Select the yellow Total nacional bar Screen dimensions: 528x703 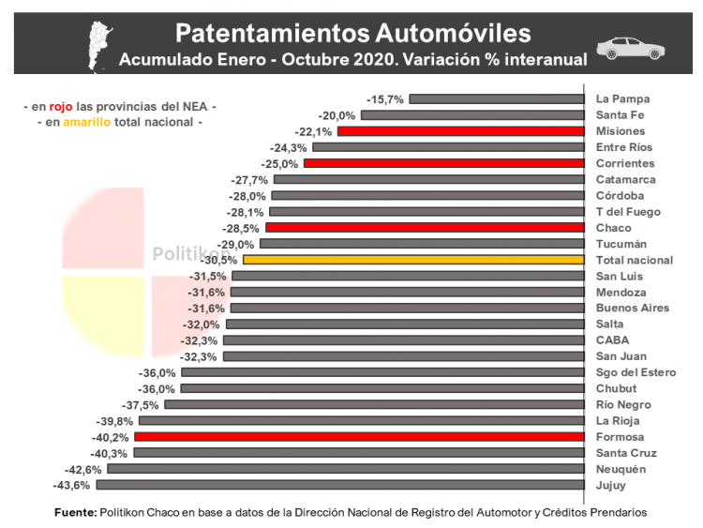[413, 260]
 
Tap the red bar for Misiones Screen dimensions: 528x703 [460, 131]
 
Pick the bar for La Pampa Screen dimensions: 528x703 [496, 98]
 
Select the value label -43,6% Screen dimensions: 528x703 [71, 485]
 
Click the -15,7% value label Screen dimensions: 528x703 [385, 98]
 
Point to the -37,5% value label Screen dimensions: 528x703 [140, 405]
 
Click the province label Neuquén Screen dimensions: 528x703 [621, 469]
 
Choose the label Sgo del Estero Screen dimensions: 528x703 [636, 372]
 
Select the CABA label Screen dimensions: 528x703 [612, 340]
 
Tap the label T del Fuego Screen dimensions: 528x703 [629, 211]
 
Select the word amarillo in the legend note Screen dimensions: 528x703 [88, 123]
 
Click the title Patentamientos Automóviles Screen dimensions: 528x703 [352, 34]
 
